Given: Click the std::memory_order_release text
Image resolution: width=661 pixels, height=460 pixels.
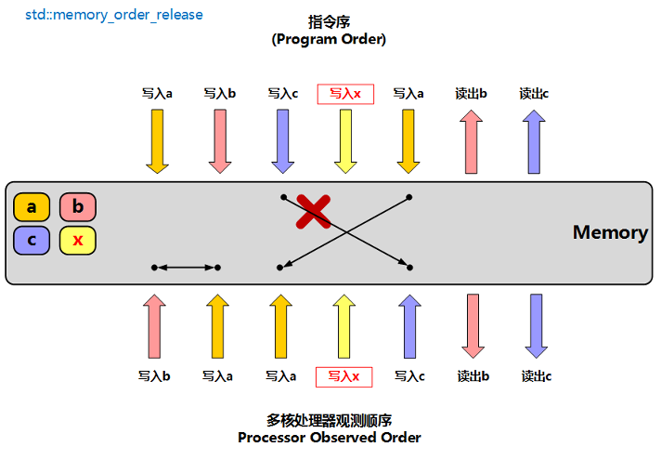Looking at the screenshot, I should pos(114,15).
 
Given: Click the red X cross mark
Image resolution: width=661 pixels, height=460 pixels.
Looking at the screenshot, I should pos(313,212).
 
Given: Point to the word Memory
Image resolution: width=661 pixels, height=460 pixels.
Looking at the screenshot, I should pos(610,232).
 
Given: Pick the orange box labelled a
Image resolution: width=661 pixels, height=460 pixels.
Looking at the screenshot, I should pos(32,207).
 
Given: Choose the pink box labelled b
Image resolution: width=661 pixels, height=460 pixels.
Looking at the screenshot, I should pos(78,207).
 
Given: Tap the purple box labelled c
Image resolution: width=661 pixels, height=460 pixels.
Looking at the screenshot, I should pos(32,241).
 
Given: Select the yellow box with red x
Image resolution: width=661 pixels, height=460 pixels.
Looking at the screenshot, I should pos(78,241).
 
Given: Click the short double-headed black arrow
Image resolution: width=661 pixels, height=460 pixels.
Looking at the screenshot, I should pos(186,268).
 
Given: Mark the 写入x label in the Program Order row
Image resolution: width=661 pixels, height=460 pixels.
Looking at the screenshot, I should pos(345,93).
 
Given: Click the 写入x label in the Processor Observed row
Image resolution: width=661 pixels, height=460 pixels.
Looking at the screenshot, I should pos(344,376).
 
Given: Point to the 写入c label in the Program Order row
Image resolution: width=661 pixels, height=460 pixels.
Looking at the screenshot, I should pos(282,93).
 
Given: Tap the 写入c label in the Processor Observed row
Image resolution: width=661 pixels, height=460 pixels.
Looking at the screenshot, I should pos(409,376).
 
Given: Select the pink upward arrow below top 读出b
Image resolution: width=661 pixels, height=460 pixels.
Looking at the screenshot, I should pos(472,141).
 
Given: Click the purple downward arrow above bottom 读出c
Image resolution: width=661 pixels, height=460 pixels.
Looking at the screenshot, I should pos(536,326).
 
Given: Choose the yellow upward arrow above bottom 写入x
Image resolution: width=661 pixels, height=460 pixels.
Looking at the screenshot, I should pos(344,326).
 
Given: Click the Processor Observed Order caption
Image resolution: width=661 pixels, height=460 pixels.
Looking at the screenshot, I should pos(329,437).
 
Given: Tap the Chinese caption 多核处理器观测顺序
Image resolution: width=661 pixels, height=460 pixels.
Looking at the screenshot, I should pos(329,419).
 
